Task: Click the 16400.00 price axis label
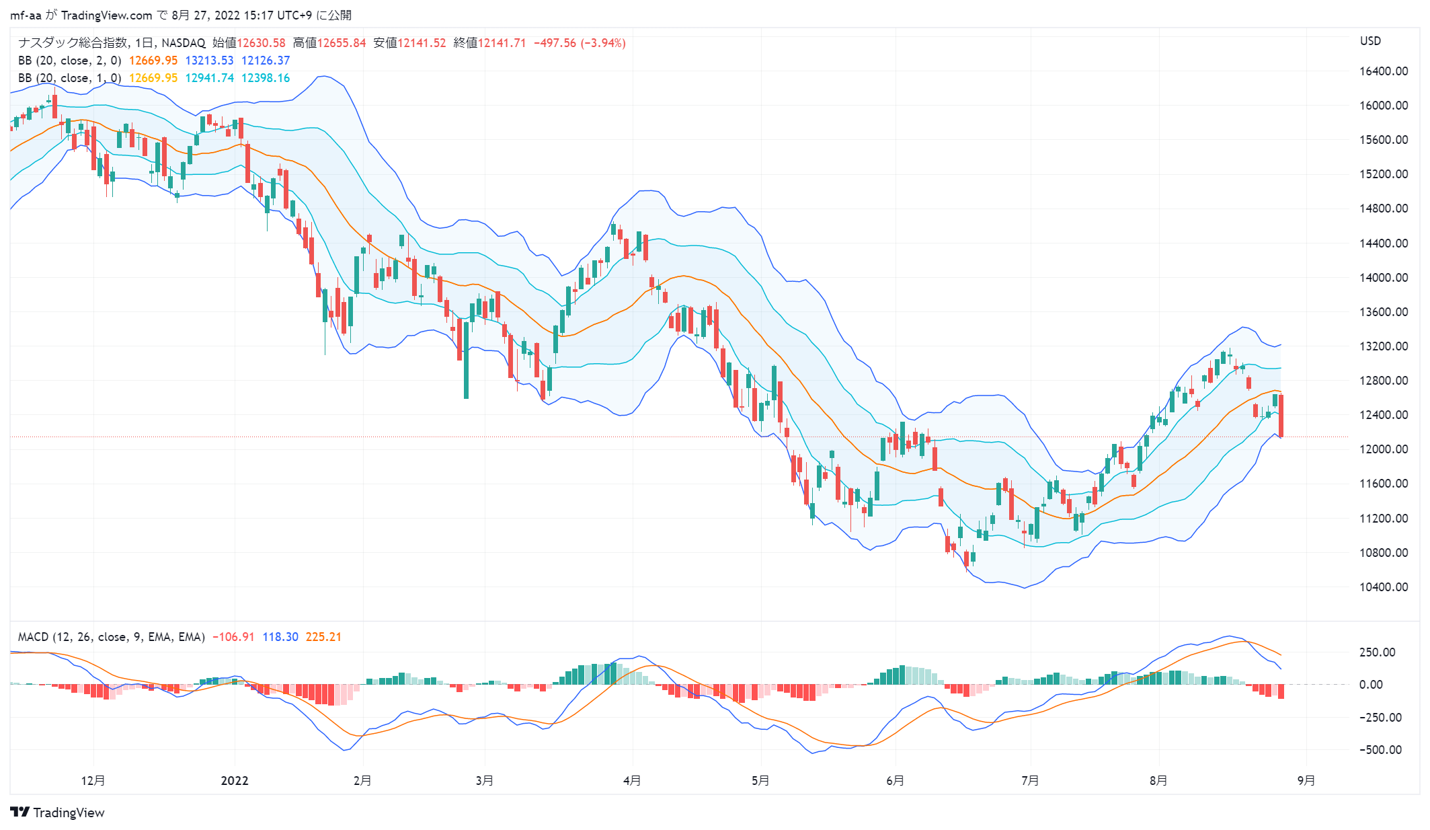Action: pyautogui.click(x=1383, y=71)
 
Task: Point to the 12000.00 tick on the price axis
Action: pyautogui.click(x=1383, y=449)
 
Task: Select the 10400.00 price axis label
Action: pyautogui.click(x=1383, y=587)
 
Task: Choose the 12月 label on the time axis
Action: pyautogui.click(x=93, y=781)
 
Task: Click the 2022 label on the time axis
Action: pyautogui.click(x=235, y=781)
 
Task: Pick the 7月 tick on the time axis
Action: pyautogui.click(x=1030, y=781)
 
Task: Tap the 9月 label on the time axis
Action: pyautogui.click(x=1306, y=781)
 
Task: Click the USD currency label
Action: pyautogui.click(x=1370, y=41)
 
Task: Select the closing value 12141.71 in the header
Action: pyautogui.click(x=502, y=43)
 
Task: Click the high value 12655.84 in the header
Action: pyautogui.click(x=342, y=43)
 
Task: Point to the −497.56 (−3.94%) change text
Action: pyautogui.click(x=580, y=43)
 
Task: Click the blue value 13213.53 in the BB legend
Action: pyautogui.click(x=210, y=61)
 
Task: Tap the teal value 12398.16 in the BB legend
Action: pyautogui.click(x=266, y=78)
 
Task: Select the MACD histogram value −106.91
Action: pyautogui.click(x=233, y=637)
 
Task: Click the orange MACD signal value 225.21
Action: pyautogui.click(x=323, y=637)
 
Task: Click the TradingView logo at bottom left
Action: pyautogui.click(x=58, y=813)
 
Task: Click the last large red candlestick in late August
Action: pyautogui.click(x=1281, y=416)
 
